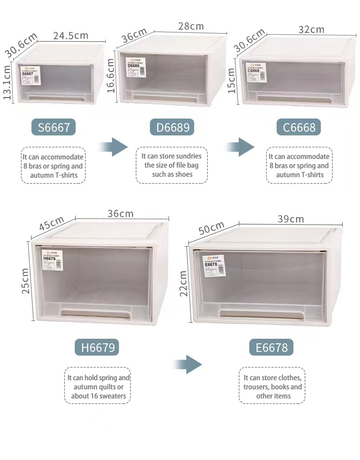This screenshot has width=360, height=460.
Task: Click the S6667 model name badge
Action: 53,127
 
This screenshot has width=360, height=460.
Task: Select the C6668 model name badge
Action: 299,127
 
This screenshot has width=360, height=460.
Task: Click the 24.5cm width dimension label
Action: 71,36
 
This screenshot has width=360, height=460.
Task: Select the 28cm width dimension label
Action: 191,26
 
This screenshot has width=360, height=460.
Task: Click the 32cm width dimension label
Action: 311,30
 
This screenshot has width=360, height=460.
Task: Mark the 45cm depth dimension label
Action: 51,223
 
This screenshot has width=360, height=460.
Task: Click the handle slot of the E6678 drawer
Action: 261,315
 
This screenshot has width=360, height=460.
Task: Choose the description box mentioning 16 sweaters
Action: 98,387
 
